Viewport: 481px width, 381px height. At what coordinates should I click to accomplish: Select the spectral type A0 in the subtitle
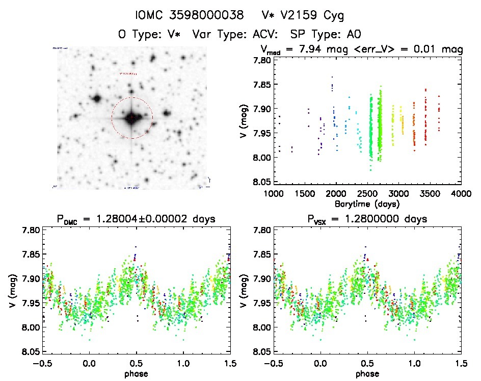(354, 35)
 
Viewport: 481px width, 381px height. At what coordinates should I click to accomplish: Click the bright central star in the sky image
(131, 118)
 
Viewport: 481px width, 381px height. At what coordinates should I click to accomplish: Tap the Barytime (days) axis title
(367, 204)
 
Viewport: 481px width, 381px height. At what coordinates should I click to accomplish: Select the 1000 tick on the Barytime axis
(274, 194)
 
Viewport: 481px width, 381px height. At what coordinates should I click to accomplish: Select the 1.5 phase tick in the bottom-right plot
(461, 364)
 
